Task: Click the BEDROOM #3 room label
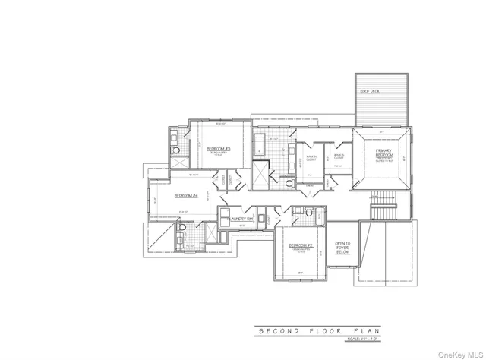click(x=219, y=148)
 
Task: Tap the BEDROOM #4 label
click(x=186, y=195)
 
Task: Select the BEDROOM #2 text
click(x=301, y=245)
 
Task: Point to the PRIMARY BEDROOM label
click(x=383, y=154)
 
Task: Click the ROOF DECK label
click(x=370, y=91)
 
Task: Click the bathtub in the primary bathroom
click(x=258, y=141)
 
